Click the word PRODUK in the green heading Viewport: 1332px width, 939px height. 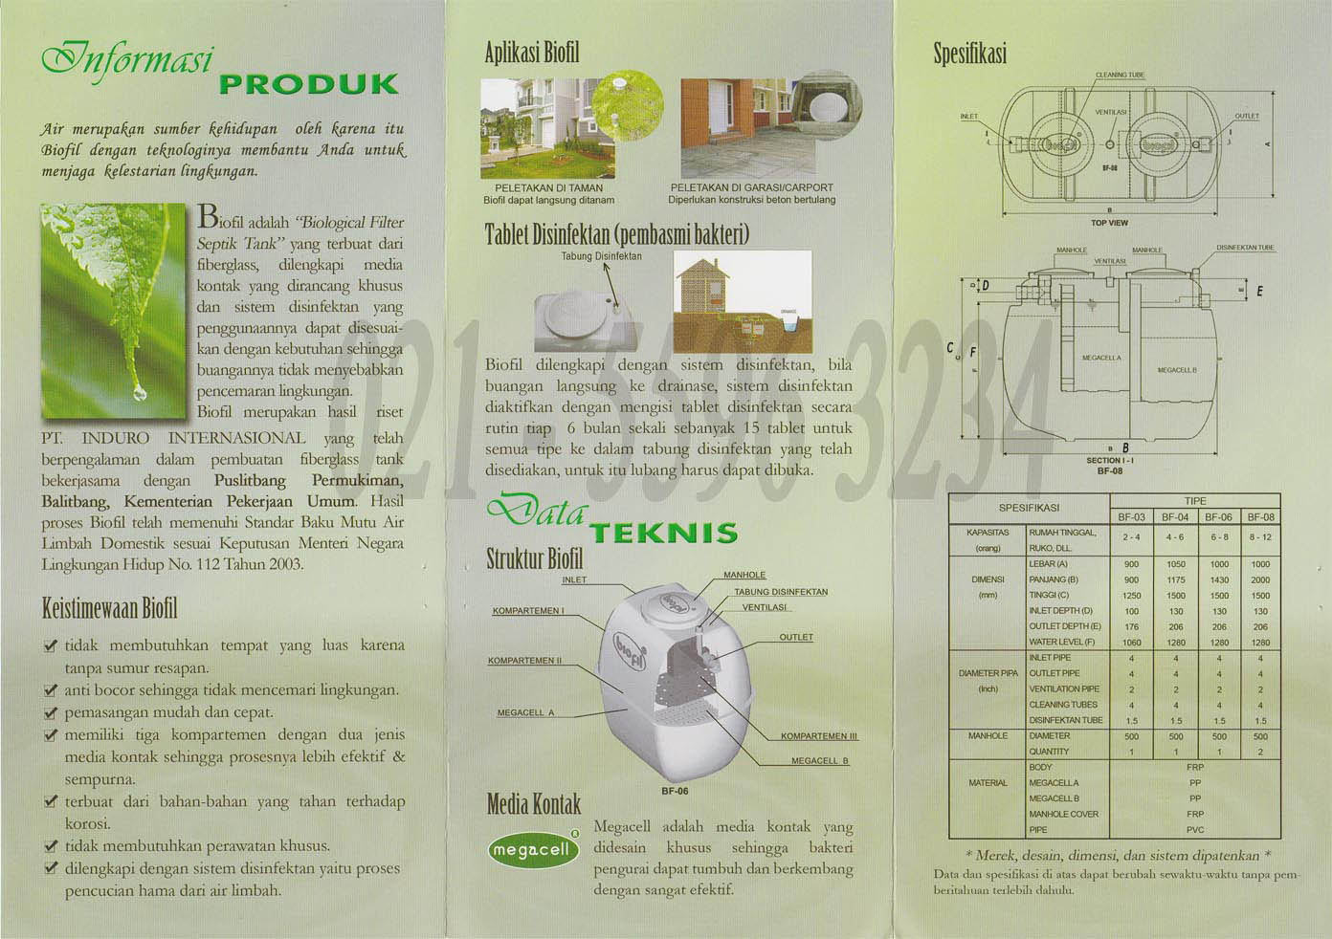(308, 84)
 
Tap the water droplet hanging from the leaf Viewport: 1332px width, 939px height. (141, 391)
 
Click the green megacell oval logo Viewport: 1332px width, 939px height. (533, 849)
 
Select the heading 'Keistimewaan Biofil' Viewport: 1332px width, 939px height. (109, 608)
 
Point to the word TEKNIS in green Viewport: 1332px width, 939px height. (663, 533)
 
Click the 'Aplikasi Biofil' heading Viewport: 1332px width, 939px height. (532, 52)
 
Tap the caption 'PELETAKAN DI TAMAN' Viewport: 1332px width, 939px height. (548, 188)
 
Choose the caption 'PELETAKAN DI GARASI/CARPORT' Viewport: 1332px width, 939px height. (751, 188)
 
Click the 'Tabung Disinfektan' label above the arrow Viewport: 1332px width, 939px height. (601, 256)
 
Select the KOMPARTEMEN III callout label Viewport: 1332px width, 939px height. (819, 736)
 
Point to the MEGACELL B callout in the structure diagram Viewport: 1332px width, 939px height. (820, 761)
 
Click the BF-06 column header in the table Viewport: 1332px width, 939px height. (1218, 517)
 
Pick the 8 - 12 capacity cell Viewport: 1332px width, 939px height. (1260, 537)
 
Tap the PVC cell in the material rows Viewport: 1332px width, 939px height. (1195, 830)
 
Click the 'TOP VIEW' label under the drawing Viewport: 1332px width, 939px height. (1109, 223)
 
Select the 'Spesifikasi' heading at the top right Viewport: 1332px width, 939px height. (970, 55)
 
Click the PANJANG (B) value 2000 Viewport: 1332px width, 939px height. (1260, 580)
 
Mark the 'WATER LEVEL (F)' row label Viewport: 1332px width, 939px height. (1061, 643)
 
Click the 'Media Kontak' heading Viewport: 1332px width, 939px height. (533, 804)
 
